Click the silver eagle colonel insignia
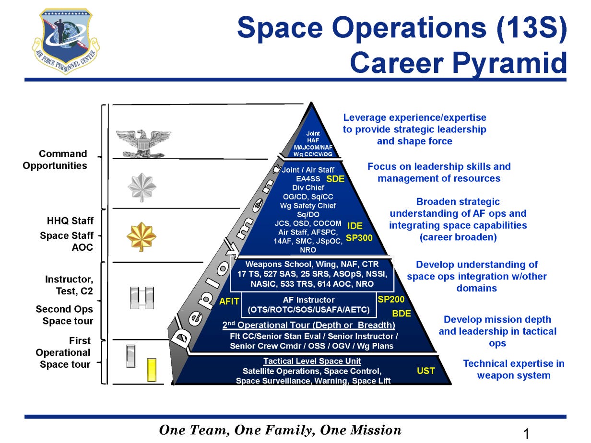143,142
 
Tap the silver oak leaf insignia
142,187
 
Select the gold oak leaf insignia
142,235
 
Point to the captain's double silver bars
142,298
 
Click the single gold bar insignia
152,370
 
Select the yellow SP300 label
359,237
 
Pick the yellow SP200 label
391,300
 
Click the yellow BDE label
402,314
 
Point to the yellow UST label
426,371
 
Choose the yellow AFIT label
229,302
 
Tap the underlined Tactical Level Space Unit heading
312,361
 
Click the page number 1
526,434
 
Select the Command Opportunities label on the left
63,160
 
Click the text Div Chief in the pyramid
308,187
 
